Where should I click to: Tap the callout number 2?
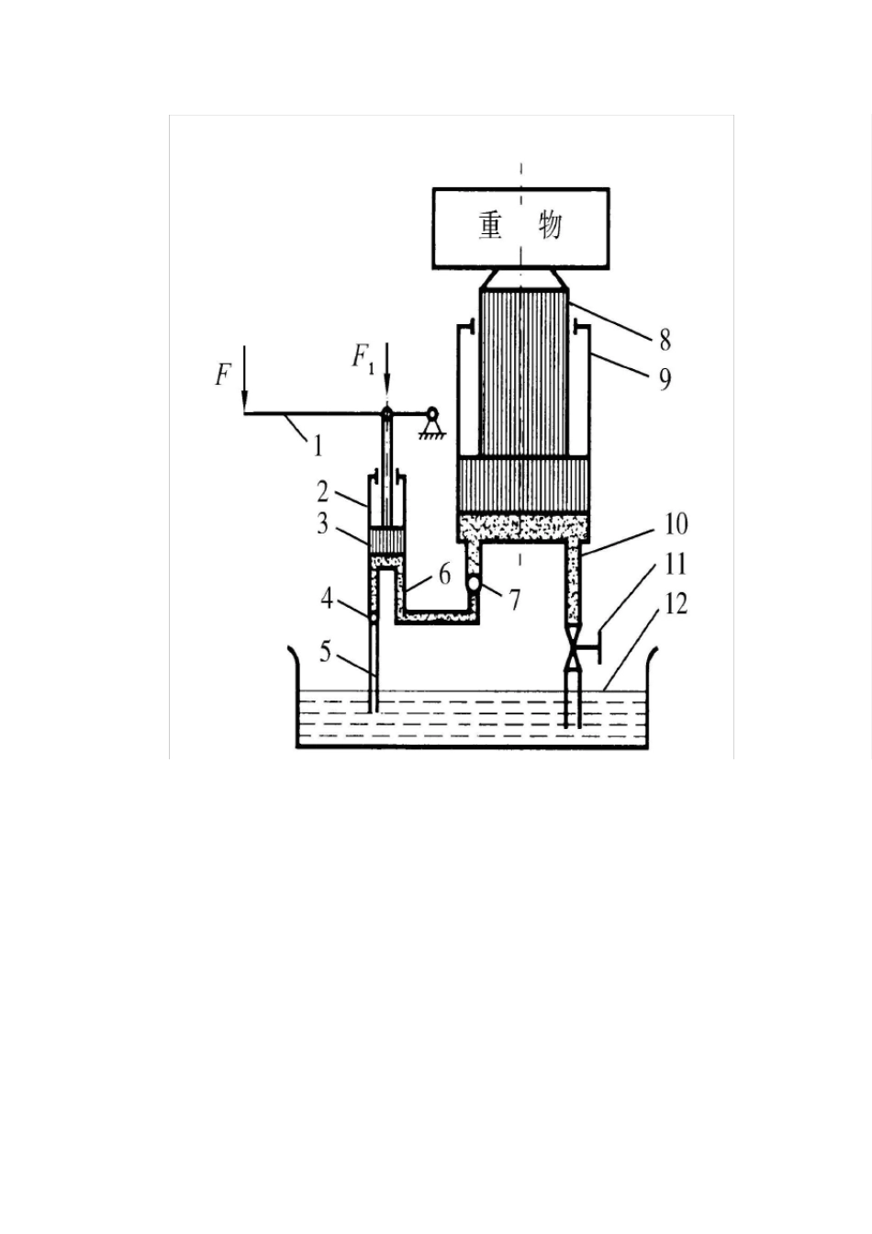pyautogui.click(x=323, y=492)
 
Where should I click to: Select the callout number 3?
pyautogui.click(x=323, y=524)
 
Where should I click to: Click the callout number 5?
pyautogui.click(x=325, y=654)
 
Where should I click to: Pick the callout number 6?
pyautogui.click(x=444, y=575)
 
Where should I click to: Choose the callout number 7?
pyautogui.click(x=514, y=600)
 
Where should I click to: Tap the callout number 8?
pyautogui.click(x=665, y=341)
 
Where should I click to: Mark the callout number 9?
pyautogui.click(x=665, y=379)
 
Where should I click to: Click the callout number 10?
pyautogui.click(x=676, y=524)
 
